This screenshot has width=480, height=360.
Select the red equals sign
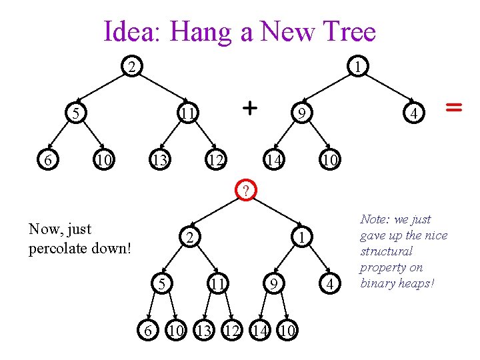click(454, 106)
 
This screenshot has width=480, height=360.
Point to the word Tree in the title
click(349, 31)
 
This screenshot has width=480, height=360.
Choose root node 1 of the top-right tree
click(359, 67)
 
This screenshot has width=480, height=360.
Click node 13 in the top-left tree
click(158, 161)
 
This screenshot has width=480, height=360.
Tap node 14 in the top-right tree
click(273, 161)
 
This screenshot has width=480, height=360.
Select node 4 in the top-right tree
click(414, 114)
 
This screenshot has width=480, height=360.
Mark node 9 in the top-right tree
click(301, 114)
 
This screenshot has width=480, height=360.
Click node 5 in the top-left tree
click(77, 114)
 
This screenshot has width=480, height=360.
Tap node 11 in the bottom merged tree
click(217, 285)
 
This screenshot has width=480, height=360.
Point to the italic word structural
click(386, 251)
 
